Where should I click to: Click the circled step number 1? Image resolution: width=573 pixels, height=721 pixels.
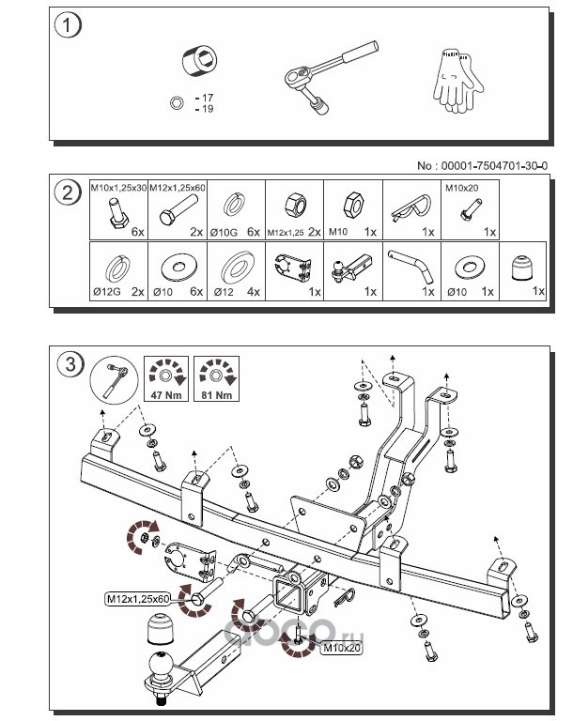pyautogui.click(x=67, y=25)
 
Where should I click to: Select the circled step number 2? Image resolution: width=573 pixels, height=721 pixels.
pyautogui.click(x=67, y=194)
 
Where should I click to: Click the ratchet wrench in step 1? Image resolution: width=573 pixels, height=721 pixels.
pyautogui.click(x=329, y=80)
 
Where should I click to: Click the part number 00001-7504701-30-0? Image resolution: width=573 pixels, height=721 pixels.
pyautogui.click(x=482, y=165)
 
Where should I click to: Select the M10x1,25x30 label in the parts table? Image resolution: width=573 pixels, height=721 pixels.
pyautogui.click(x=118, y=187)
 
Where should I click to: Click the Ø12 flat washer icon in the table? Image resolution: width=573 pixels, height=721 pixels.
pyautogui.click(x=234, y=267)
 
